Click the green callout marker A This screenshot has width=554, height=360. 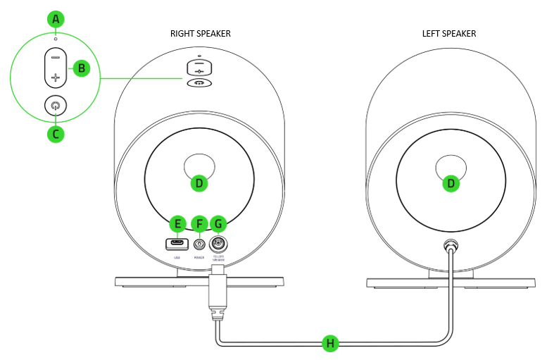[x=56, y=19]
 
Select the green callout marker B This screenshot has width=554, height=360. [x=82, y=68]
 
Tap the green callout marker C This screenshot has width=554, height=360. [x=56, y=133]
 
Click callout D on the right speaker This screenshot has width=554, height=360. [x=199, y=183]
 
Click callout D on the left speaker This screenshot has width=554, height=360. [x=451, y=183]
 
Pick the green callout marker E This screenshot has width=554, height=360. [x=177, y=224]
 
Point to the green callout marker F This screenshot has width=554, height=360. [x=199, y=224]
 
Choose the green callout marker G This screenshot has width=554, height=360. [x=219, y=224]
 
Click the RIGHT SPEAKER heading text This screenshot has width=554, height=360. [x=200, y=33]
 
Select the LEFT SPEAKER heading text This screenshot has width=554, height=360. [x=449, y=33]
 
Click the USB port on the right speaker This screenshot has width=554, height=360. [x=177, y=244]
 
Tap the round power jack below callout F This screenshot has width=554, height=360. [x=199, y=244]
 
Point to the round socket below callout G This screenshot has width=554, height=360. [x=219, y=244]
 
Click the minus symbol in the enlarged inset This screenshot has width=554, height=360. [x=56, y=56]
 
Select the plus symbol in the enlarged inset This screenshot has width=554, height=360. [x=56, y=77]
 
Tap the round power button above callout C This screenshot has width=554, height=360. [x=56, y=106]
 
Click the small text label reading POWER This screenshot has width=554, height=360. [x=199, y=258]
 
